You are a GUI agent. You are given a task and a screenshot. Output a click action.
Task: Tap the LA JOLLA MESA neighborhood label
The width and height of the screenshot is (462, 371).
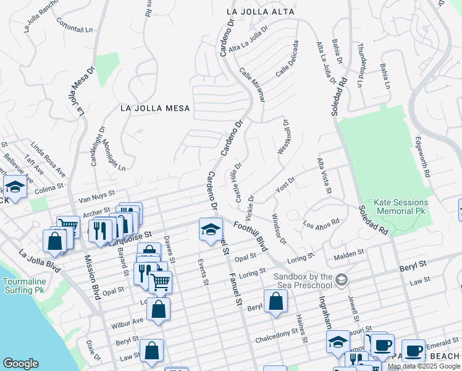155,108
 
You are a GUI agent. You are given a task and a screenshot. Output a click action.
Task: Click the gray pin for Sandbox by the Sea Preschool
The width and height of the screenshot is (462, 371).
340,281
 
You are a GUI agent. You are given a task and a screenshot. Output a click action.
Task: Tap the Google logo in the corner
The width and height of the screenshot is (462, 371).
20,364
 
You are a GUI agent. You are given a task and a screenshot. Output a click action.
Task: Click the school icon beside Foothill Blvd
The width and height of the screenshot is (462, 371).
211,229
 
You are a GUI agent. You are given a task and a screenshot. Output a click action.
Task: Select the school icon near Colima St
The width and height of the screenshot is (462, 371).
14,186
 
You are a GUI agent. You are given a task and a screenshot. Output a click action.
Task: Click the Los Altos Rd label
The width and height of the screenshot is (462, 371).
321,222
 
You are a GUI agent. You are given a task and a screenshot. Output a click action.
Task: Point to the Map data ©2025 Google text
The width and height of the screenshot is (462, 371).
424,366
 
